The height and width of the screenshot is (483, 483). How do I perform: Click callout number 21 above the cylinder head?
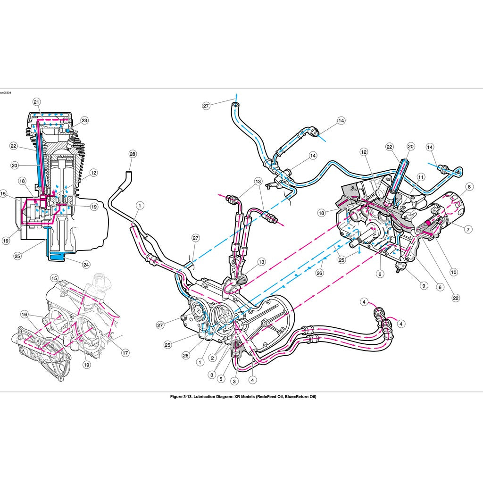37,102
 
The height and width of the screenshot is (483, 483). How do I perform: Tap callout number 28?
132,154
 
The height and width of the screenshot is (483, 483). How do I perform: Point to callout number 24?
86,265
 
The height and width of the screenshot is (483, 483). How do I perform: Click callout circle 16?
24,313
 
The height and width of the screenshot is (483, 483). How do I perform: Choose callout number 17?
125,352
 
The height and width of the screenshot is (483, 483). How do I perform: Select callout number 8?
469,187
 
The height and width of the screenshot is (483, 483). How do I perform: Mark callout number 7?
468,229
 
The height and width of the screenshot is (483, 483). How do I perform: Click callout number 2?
213,358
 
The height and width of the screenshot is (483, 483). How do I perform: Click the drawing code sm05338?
6,93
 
